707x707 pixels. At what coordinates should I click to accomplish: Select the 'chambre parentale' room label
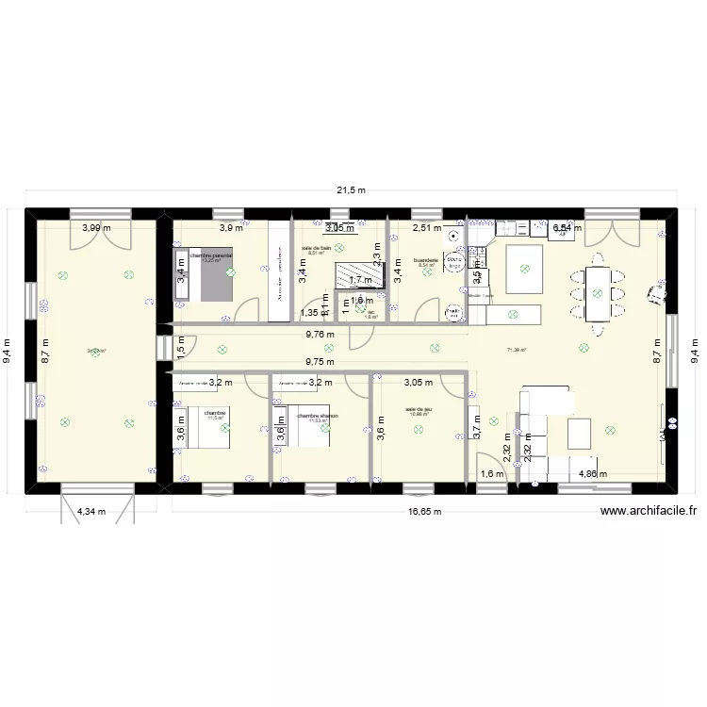click(210, 255)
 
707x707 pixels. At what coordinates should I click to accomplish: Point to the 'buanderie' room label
click(425, 260)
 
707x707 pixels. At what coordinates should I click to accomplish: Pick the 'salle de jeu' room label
click(419, 409)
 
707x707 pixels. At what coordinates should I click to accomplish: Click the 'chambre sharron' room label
click(317, 415)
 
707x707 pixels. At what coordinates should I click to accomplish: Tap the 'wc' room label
click(371, 312)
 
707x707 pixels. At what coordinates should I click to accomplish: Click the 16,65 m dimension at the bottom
click(424, 512)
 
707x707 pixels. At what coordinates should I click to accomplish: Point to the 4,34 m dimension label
click(92, 512)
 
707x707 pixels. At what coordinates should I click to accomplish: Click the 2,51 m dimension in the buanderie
click(427, 227)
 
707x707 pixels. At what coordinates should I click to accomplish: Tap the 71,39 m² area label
click(516, 351)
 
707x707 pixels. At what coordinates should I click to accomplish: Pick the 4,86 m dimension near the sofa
click(593, 475)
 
